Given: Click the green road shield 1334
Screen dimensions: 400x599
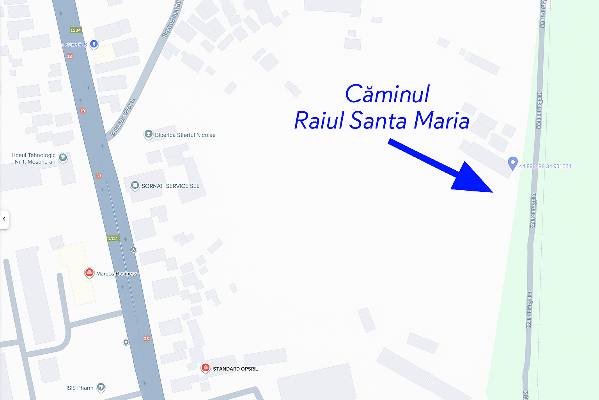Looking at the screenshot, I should (x=76, y=30).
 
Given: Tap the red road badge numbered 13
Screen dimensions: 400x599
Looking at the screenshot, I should (x=69, y=56).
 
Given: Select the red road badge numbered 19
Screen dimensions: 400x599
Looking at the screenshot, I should (x=82, y=111).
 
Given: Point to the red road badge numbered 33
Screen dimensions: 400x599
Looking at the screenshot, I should (x=99, y=176).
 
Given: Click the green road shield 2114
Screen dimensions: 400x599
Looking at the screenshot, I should (x=113, y=238).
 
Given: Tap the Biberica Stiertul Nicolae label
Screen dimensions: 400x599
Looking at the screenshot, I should (x=185, y=135).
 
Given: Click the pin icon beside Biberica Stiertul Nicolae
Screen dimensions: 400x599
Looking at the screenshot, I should (x=148, y=134).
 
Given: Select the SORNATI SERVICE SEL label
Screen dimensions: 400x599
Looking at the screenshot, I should (x=170, y=186).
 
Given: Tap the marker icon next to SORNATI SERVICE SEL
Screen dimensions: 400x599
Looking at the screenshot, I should (x=135, y=185).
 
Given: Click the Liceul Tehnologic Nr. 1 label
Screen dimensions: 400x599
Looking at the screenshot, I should (x=34, y=158).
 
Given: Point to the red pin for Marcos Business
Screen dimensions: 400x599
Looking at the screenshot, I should (x=89, y=273).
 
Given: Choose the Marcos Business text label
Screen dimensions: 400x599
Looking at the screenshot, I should (x=117, y=274).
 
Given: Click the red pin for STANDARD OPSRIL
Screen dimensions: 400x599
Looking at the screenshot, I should (x=206, y=368).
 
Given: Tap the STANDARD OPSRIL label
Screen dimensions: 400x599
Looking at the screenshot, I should (x=235, y=369).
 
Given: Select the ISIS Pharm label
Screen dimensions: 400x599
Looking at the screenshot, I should (x=80, y=388).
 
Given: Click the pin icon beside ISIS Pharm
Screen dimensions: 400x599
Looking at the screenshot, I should (x=101, y=387).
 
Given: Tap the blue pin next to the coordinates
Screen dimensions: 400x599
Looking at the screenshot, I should (x=513, y=162).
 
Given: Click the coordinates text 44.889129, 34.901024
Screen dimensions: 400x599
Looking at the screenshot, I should (x=545, y=166).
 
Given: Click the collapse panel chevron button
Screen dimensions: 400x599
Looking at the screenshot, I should (x=4, y=219).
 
